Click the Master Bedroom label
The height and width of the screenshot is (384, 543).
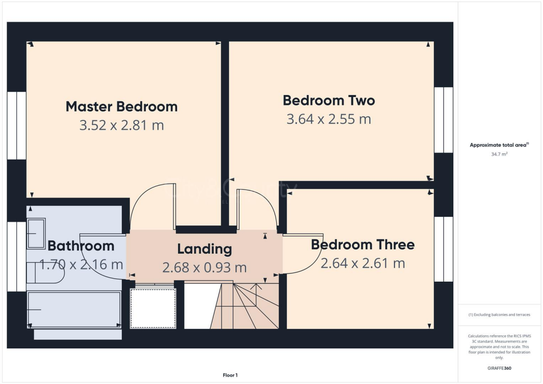121,106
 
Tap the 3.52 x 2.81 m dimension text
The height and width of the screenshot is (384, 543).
121,126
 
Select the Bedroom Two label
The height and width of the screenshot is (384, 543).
329,100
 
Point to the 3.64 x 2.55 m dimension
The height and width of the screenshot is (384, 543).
329,119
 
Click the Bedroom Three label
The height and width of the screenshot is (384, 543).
363,245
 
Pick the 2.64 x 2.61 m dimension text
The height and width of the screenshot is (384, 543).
363,263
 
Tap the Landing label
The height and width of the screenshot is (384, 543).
204,249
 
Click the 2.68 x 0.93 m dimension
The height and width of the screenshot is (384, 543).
204,268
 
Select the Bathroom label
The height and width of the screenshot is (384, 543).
81,246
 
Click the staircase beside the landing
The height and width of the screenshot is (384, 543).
245,306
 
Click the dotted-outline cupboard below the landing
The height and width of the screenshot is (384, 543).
153,308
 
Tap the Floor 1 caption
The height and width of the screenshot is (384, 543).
230,375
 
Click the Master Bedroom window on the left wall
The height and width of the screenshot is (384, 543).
16,125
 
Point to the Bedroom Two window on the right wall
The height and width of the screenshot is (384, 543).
444,120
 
